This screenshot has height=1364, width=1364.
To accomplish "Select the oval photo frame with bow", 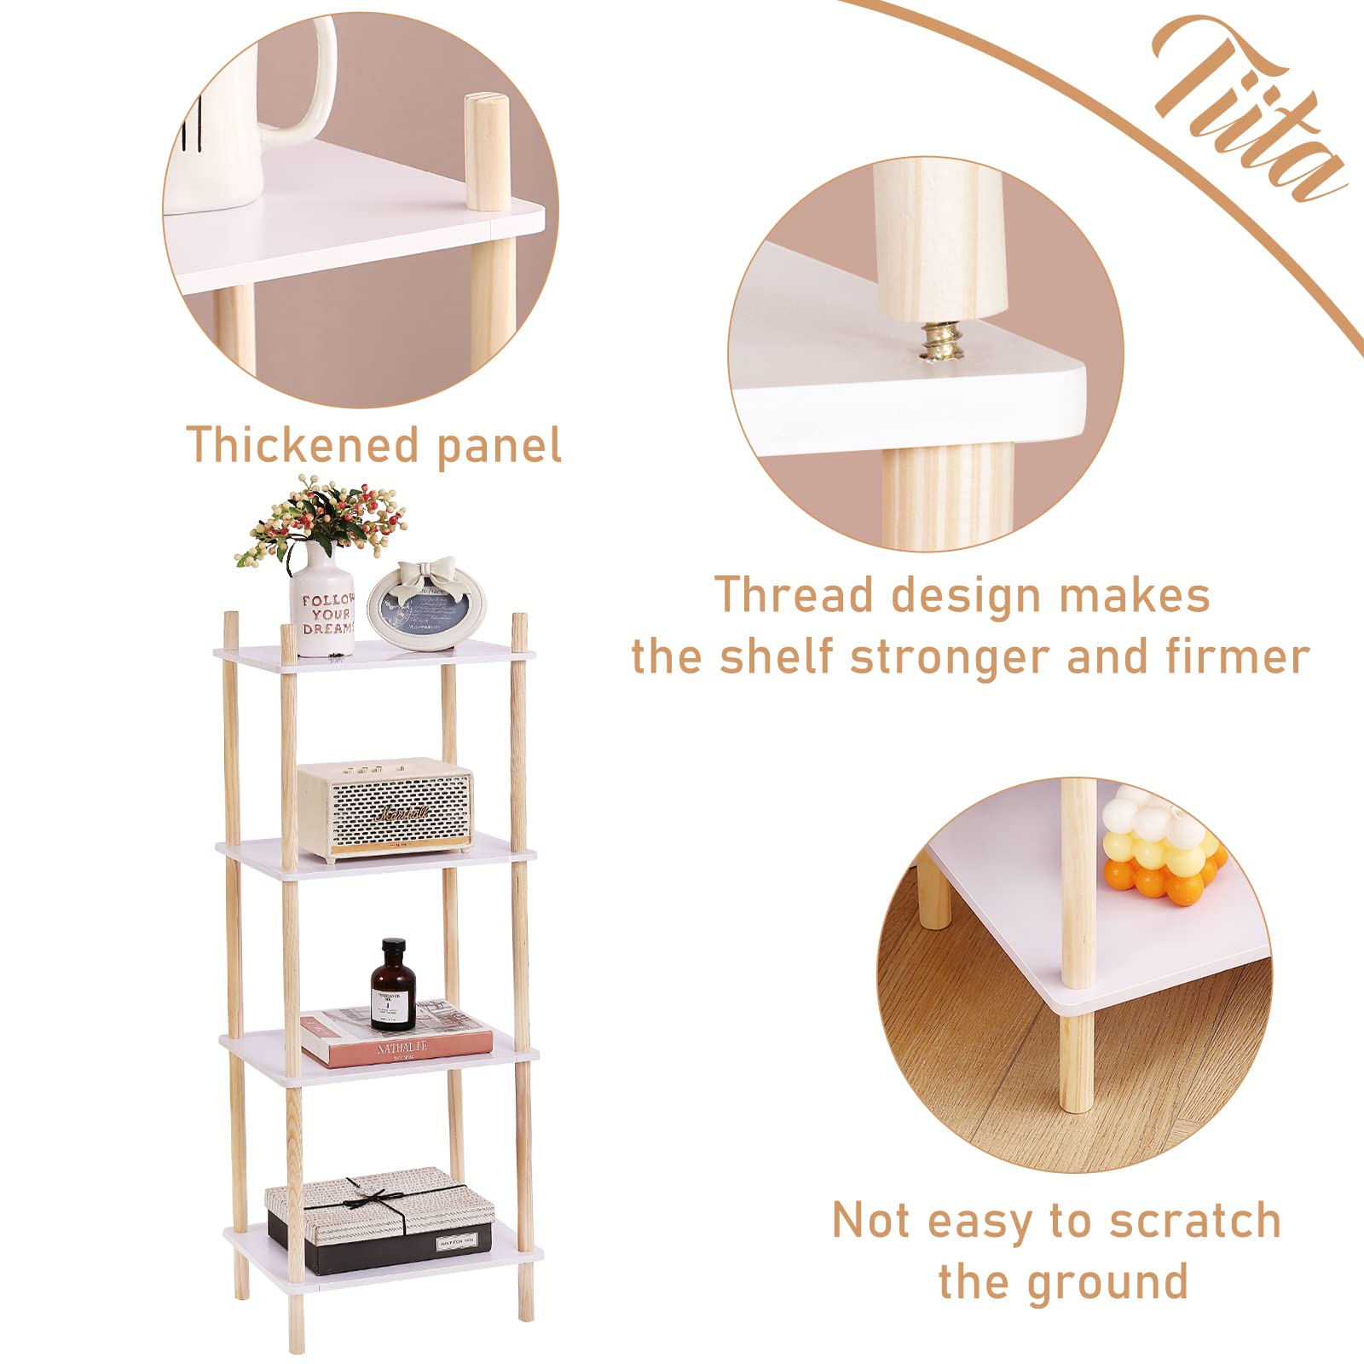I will click(x=426, y=604).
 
